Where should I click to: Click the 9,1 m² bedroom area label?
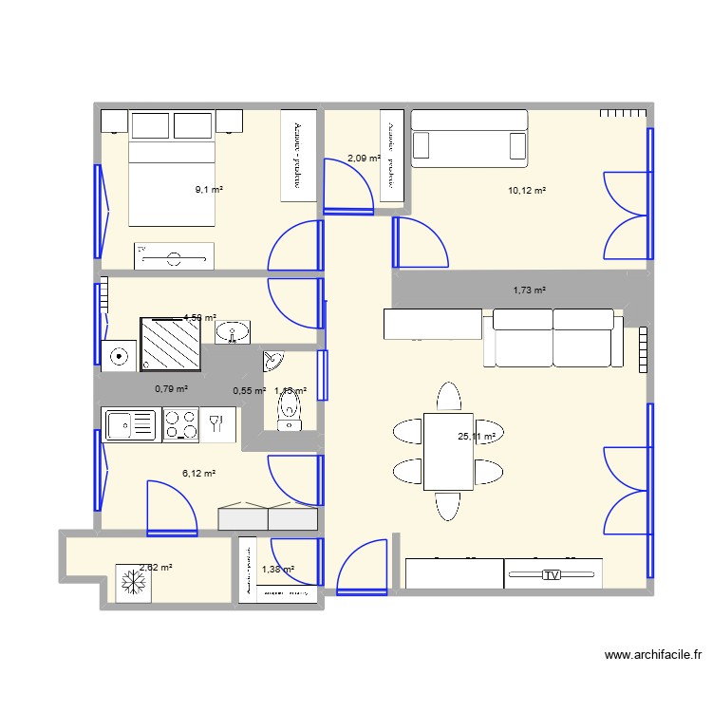[209, 190]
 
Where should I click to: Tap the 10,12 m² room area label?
[527, 191]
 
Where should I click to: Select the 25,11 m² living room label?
[477, 437]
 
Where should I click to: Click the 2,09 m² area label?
[363, 159]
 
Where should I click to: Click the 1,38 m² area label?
[278, 569]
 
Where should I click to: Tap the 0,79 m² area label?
[171, 388]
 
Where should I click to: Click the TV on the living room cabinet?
[551, 575]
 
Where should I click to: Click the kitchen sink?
[131, 424]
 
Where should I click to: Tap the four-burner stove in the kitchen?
[180, 424]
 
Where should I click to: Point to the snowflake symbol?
[127, 581]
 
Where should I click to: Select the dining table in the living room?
[447, 451]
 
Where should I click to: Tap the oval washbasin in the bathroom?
[233, 332]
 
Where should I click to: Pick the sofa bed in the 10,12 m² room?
[469, 138]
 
